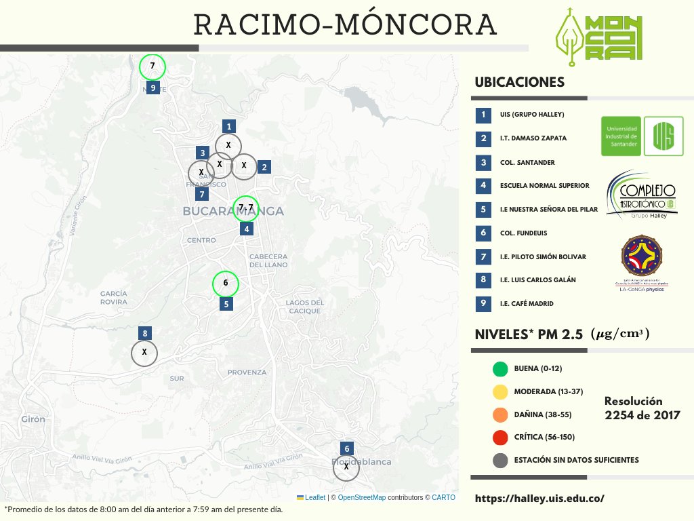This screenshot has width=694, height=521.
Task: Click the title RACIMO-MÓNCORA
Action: [346, 25]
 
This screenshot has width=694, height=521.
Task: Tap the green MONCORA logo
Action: [596, 37]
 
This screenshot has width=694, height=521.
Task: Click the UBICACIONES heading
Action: [520, 82]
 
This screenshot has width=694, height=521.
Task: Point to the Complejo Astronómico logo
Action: [642, 195]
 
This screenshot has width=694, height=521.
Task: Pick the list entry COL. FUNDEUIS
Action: [523, 233]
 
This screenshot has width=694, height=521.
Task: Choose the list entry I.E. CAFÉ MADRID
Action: [527, 303]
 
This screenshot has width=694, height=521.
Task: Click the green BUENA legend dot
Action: [501, 369]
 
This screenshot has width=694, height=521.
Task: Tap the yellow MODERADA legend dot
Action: [501, 392]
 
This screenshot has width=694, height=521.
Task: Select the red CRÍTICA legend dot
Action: [501, 438]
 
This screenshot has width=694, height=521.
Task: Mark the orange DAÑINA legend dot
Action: [501, 414]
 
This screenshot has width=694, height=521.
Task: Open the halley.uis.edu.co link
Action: [539, 499]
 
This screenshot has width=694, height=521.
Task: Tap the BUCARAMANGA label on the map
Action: [232, 212]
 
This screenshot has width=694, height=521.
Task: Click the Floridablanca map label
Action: [361, 461]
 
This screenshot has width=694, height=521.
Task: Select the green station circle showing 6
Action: [226, 284]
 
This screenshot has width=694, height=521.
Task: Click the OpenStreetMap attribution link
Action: [362, 497]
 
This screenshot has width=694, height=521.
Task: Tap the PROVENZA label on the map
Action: [247, 372]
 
